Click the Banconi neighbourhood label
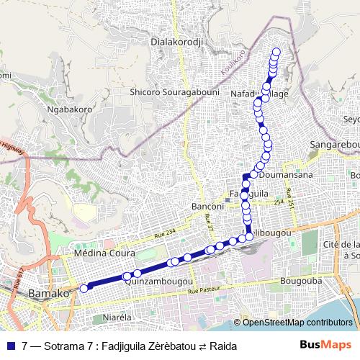(207, 207)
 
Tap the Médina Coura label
(101, 253)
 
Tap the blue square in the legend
(11, 346)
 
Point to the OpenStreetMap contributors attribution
(295, 323)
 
